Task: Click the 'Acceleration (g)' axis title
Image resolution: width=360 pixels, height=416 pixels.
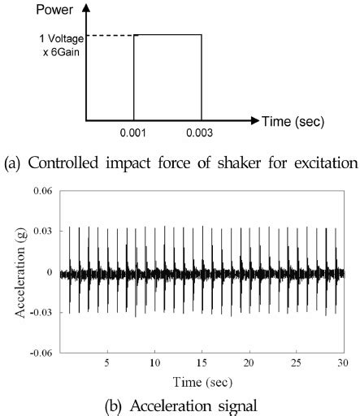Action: click(13, 271)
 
